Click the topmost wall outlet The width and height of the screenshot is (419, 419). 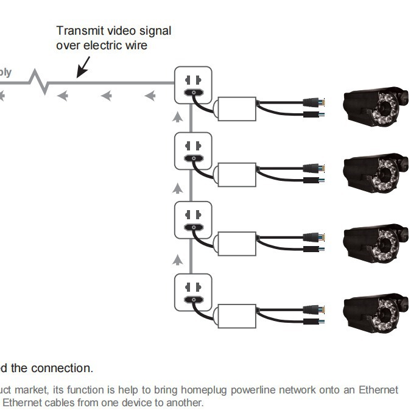click(193, 85)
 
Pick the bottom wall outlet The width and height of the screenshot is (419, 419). click(193, 292)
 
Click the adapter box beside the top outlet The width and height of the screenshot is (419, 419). click(238, 107)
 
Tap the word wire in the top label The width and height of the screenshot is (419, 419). click(135, 45)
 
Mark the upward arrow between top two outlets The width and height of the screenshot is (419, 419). click(177, 117)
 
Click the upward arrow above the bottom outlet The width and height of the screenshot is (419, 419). click(177, 260)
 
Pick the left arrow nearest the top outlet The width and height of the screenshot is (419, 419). click(149, 96)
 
